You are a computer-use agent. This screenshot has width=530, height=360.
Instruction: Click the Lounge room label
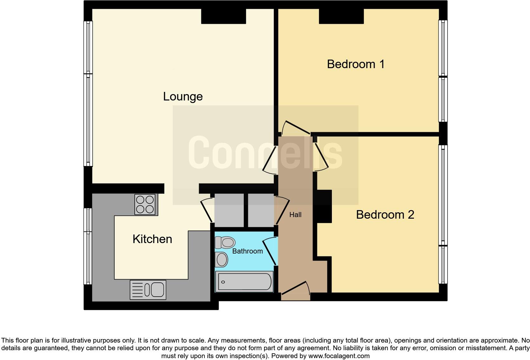tap(183, 96)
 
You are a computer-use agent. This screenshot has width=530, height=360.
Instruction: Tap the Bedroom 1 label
tap(356, 64)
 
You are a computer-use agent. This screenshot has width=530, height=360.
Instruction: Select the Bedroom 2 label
tap(385, 215)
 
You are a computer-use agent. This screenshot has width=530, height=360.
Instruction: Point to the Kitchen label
tap(152, 239)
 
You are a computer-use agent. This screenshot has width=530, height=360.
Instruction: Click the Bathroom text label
tap(247, 251)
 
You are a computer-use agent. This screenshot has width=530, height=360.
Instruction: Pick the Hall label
tap(295, 215)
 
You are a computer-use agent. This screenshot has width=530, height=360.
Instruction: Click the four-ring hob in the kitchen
tap(145, 204)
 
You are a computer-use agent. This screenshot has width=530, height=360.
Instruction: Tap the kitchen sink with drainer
tap(148, 290)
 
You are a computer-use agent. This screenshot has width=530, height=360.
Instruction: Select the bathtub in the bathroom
tap(244, 281)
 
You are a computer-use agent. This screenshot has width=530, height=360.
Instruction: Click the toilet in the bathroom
tap(225, 243)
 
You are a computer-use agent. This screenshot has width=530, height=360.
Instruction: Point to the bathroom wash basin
tap(222, 260)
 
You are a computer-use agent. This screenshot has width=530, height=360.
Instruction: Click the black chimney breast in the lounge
tap(223, 16)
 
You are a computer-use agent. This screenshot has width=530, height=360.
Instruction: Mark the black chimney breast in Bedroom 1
tap(341, 16)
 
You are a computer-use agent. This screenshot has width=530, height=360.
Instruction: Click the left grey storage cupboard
tap(229, 210)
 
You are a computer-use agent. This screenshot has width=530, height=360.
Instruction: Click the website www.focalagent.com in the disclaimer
tap(339, 356)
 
